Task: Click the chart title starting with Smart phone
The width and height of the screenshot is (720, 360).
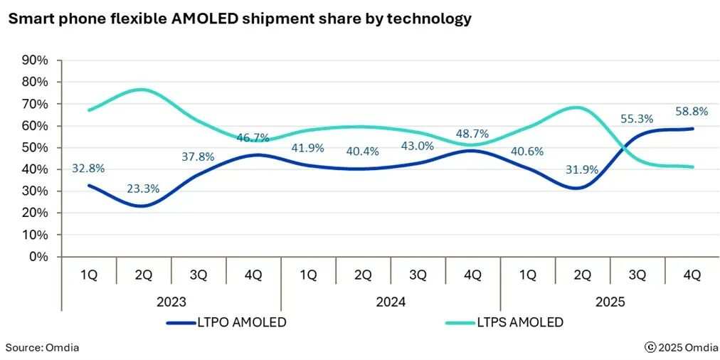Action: click(x=239, y=19)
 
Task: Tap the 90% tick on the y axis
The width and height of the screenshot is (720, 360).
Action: click(x=35, y=60)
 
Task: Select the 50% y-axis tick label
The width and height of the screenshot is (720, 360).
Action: click(x=35, y=148)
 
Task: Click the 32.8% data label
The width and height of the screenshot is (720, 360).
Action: click(x=88, y=169)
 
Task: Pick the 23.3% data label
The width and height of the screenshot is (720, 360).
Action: click(x=143, y=189)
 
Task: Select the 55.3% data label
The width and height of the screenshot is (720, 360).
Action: click(x=637, y=118)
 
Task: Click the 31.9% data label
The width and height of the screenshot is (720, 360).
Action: click(x=582, y=170)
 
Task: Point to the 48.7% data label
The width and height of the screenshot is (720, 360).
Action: click(x=472, y=133)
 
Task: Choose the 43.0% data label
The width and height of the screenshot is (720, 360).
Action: click(x=418, y=145)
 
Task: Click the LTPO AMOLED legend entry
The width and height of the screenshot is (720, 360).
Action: click(x=226, y=322)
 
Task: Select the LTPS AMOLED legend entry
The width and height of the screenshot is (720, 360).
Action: click(x=504, y=322)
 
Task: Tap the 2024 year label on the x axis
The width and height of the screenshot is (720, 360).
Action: click(x=390, y=302)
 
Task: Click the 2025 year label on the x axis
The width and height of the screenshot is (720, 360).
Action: click(x=610, y=302)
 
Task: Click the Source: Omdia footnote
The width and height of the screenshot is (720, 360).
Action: click(x=42, y=347)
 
